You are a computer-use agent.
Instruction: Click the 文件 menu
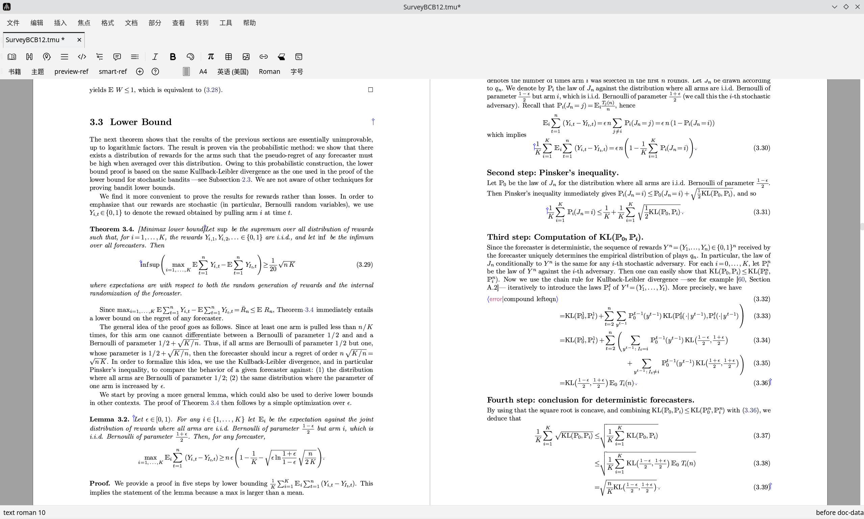point(13,23)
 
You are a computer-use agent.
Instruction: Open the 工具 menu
point(226,23)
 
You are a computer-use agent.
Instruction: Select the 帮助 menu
point(249,23)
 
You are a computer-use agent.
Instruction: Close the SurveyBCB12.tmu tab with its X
point(79,40)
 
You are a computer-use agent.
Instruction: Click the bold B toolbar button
point(173,57)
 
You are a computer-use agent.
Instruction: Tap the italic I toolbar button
point(155,57)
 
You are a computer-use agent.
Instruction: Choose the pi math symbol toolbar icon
point(210,57)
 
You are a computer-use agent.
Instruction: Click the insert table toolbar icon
point(229,57)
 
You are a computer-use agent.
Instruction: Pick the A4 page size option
point(203,72)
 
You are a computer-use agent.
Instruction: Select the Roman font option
point(269,72)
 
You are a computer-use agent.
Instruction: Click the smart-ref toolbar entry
point(113,72)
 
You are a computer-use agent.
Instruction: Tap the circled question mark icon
point(155,72)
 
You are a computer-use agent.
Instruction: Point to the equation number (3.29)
point(364,265)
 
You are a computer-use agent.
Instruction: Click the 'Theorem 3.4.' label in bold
point(112,229)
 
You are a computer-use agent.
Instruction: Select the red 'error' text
point(495,299)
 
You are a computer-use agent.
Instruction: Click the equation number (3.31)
point(761,212)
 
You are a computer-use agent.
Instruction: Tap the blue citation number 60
point(741,280)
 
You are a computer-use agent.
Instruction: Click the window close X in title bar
point(857,7)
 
